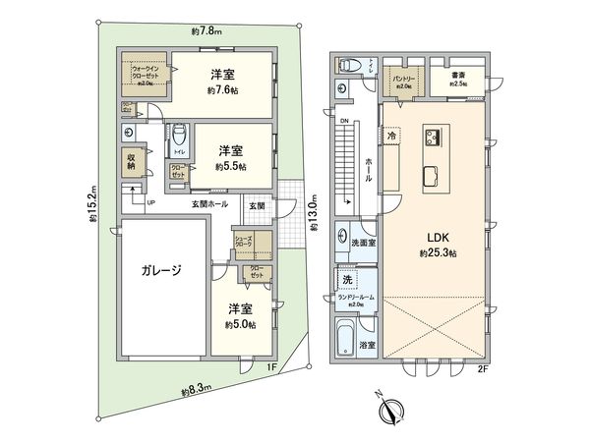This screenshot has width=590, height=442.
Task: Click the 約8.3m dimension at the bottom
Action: [x=196, y=391]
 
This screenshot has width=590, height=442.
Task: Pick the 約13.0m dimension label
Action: [x=314, y=212]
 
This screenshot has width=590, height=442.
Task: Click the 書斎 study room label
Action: [x=457, y=75]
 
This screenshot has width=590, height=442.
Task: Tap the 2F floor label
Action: [x=483, y=369]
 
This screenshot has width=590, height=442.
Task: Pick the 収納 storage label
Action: [x=131, y=162]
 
